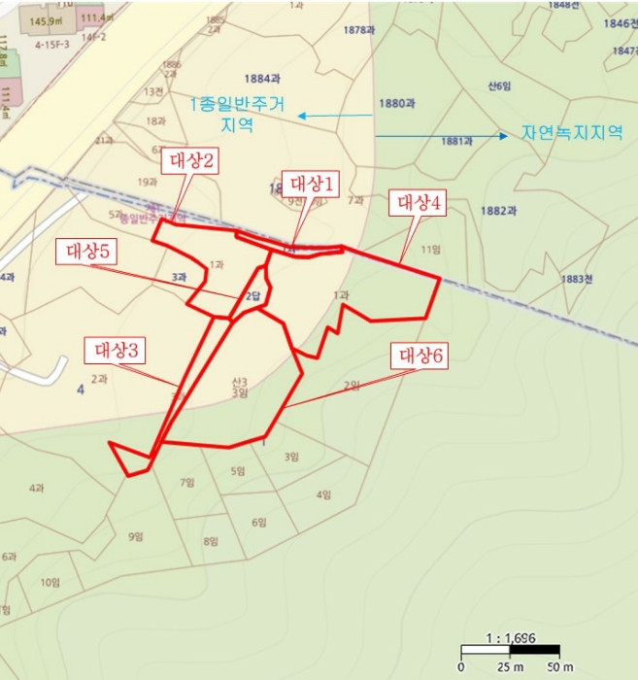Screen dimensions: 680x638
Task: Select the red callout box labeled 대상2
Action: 191,160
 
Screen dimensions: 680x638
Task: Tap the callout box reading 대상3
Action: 119,348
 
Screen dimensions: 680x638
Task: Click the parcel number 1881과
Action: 455,141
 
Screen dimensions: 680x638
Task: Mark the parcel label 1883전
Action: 575,279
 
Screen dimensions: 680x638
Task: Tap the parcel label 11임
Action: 430,250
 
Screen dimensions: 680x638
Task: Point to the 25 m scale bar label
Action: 506,667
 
